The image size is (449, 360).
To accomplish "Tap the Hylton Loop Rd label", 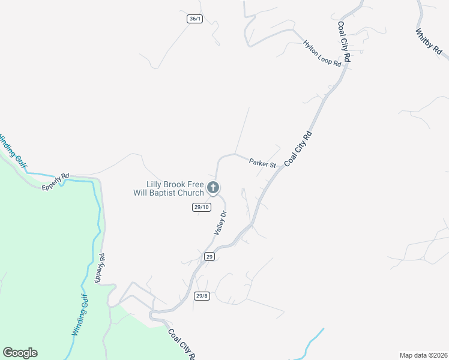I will click(x=322, y=53).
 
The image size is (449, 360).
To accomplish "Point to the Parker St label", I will click(x=262, y=163).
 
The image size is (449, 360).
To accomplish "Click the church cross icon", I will click(x=213, y=188).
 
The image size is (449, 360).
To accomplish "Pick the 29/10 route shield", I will click(x=201, y=207).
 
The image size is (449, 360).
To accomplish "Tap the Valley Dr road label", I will click(x=220, y=223).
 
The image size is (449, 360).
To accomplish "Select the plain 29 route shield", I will click(x=209, y=256).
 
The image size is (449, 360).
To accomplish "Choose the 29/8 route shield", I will click(x=202, y=295).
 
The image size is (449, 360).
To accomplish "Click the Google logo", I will click(x=20, y=353).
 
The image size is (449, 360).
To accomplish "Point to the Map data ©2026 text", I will click(x=423, y=355).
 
